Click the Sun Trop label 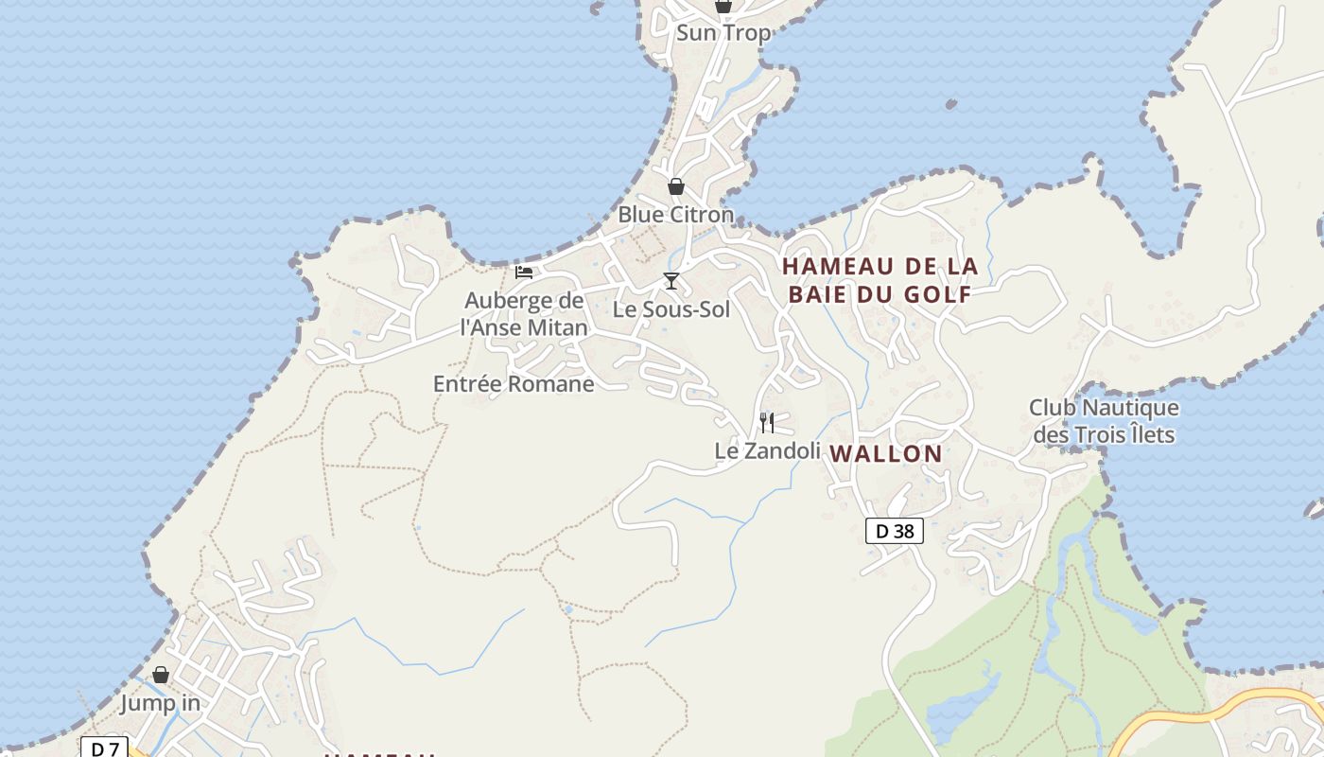[x=723, y=33]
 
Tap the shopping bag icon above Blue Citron [x=675, y=186]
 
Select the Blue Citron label [x=675, y=215]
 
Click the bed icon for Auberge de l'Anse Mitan [x=524, y=273]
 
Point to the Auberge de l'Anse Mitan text [x=524, y=314]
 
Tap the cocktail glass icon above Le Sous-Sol [x=671, y=281]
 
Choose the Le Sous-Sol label [x=671, y=309]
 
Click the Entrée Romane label [x=514, y=384]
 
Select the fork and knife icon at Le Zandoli [x=767, y=422]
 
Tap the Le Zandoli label [x=767, y=451]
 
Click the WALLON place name [x=886, y=454]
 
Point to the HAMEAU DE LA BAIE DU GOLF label [x=880, y=280]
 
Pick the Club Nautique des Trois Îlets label [x=1104, y=421]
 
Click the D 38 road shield [x=894, y=531]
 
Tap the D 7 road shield [x=104, y=748]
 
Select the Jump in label [x=161, y=704]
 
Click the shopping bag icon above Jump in [x=161, y=675]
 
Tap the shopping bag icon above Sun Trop [x=723, y=6]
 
